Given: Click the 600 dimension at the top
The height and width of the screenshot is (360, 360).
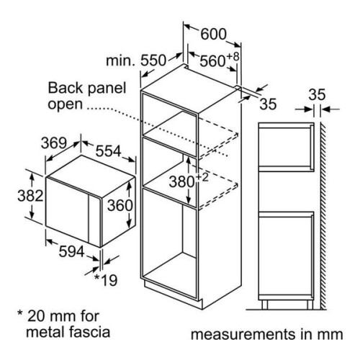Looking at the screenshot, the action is (x=213, y=34).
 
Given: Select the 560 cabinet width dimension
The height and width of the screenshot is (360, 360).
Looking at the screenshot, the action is (x=212, y=61).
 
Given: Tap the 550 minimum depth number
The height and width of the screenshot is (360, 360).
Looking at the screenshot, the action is (x=153, y=60).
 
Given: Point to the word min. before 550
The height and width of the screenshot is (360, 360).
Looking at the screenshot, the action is (x=121, y=61).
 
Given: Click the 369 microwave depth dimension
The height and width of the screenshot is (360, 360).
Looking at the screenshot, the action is (x=53, y=143).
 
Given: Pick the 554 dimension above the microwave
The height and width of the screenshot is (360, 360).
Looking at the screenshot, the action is (x=108, y=151).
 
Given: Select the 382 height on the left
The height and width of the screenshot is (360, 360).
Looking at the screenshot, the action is (x=30, y=196).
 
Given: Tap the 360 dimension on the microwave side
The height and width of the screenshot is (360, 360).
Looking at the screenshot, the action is (x=120, y=206).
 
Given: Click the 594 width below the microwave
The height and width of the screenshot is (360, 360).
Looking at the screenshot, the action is (x=71, y=251).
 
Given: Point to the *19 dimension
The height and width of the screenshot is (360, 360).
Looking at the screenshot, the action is (x=106, y=280).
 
